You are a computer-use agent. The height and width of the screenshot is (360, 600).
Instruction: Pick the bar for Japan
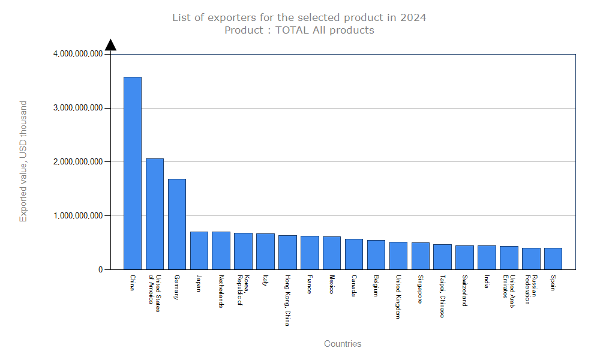[199, 250]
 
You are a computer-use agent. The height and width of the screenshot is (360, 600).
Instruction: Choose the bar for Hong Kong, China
[287, 252]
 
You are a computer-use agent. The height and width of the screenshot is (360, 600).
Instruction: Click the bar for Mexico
[332, 253]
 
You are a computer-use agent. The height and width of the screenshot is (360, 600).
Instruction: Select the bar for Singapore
[420, 256]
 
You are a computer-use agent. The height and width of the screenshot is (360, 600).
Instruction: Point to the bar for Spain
[553, 259]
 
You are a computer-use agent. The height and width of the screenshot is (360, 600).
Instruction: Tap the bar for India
[487, 257]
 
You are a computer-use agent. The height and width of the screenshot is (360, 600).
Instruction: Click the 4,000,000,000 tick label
[78, 54]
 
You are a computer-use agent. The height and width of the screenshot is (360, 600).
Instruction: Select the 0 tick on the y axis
[101, 270]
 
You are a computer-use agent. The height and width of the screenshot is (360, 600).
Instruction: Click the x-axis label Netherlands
[221, 292]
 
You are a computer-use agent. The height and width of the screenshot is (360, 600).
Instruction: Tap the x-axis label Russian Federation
[531, 290]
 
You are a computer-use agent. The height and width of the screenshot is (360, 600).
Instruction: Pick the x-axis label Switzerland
[464, 291]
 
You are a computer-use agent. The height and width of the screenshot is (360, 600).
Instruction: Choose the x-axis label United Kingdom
[398, 296]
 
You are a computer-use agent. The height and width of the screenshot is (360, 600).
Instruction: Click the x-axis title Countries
[343, 344]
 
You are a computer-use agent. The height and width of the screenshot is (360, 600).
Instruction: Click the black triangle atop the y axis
[111, 44]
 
